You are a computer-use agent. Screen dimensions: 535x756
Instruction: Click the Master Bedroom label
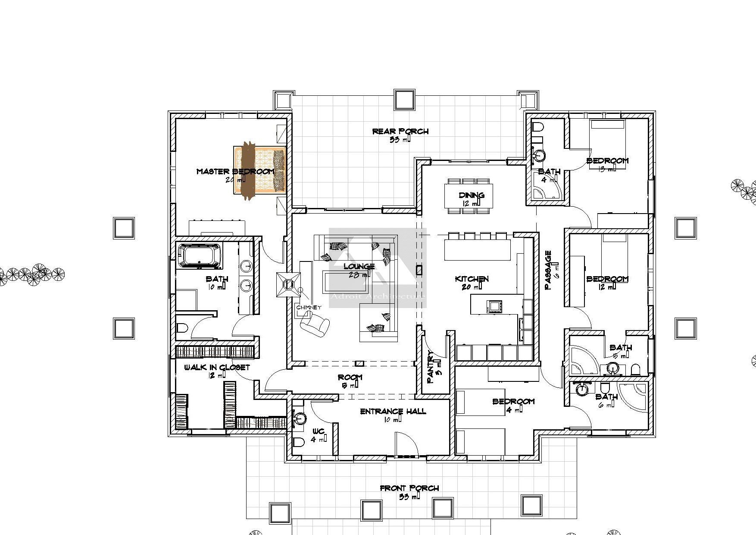coord(235,171)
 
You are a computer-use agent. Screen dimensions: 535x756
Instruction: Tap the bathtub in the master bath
coord(200,255)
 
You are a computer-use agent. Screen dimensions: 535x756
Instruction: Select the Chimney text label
coord(309,307)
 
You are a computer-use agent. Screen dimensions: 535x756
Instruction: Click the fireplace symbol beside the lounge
coord(288,284)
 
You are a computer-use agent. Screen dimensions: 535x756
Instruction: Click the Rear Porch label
coord(400,131)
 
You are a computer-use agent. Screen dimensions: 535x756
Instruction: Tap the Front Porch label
coord(409,488)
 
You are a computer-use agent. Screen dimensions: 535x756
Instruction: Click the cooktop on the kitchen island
coord(494,306)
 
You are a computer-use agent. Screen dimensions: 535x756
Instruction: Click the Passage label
coord(548,270)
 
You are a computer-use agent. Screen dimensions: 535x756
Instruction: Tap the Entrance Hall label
coord(393,411)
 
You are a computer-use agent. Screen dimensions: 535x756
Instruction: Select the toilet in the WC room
coord(299,442)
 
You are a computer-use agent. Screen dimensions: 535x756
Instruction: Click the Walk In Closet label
coord(217,368)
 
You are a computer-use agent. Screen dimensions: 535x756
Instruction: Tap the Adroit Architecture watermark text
coord(378,296)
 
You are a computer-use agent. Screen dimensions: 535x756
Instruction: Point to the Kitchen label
coord(472,279)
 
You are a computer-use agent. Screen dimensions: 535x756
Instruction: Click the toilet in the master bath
coord(182,329)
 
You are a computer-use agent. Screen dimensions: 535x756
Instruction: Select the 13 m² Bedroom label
coord(607,160)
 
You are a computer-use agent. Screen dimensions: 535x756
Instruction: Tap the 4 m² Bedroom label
coord(513,401)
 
